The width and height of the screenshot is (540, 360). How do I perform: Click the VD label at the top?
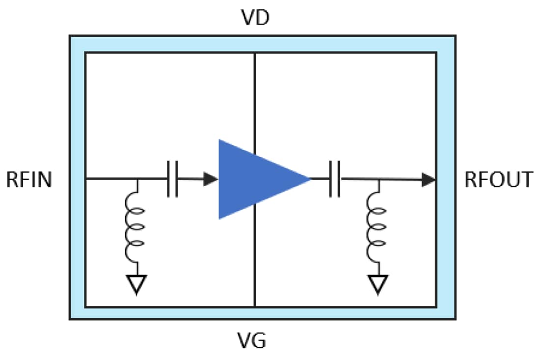coord(255,19)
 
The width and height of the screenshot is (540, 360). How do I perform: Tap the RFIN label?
coord(29,180)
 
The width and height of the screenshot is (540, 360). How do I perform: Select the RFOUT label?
coord(498,180)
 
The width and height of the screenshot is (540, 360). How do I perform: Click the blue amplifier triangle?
coord(255,179)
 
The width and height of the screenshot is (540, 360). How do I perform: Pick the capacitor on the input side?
coord(172,179)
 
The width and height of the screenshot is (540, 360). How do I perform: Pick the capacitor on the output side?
coord(335,179)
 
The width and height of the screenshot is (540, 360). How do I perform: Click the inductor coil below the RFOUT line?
coord(377,227)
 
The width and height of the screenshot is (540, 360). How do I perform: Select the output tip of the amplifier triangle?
coord(309,179)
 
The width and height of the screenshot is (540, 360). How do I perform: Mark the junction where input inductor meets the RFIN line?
coord(136,179)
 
